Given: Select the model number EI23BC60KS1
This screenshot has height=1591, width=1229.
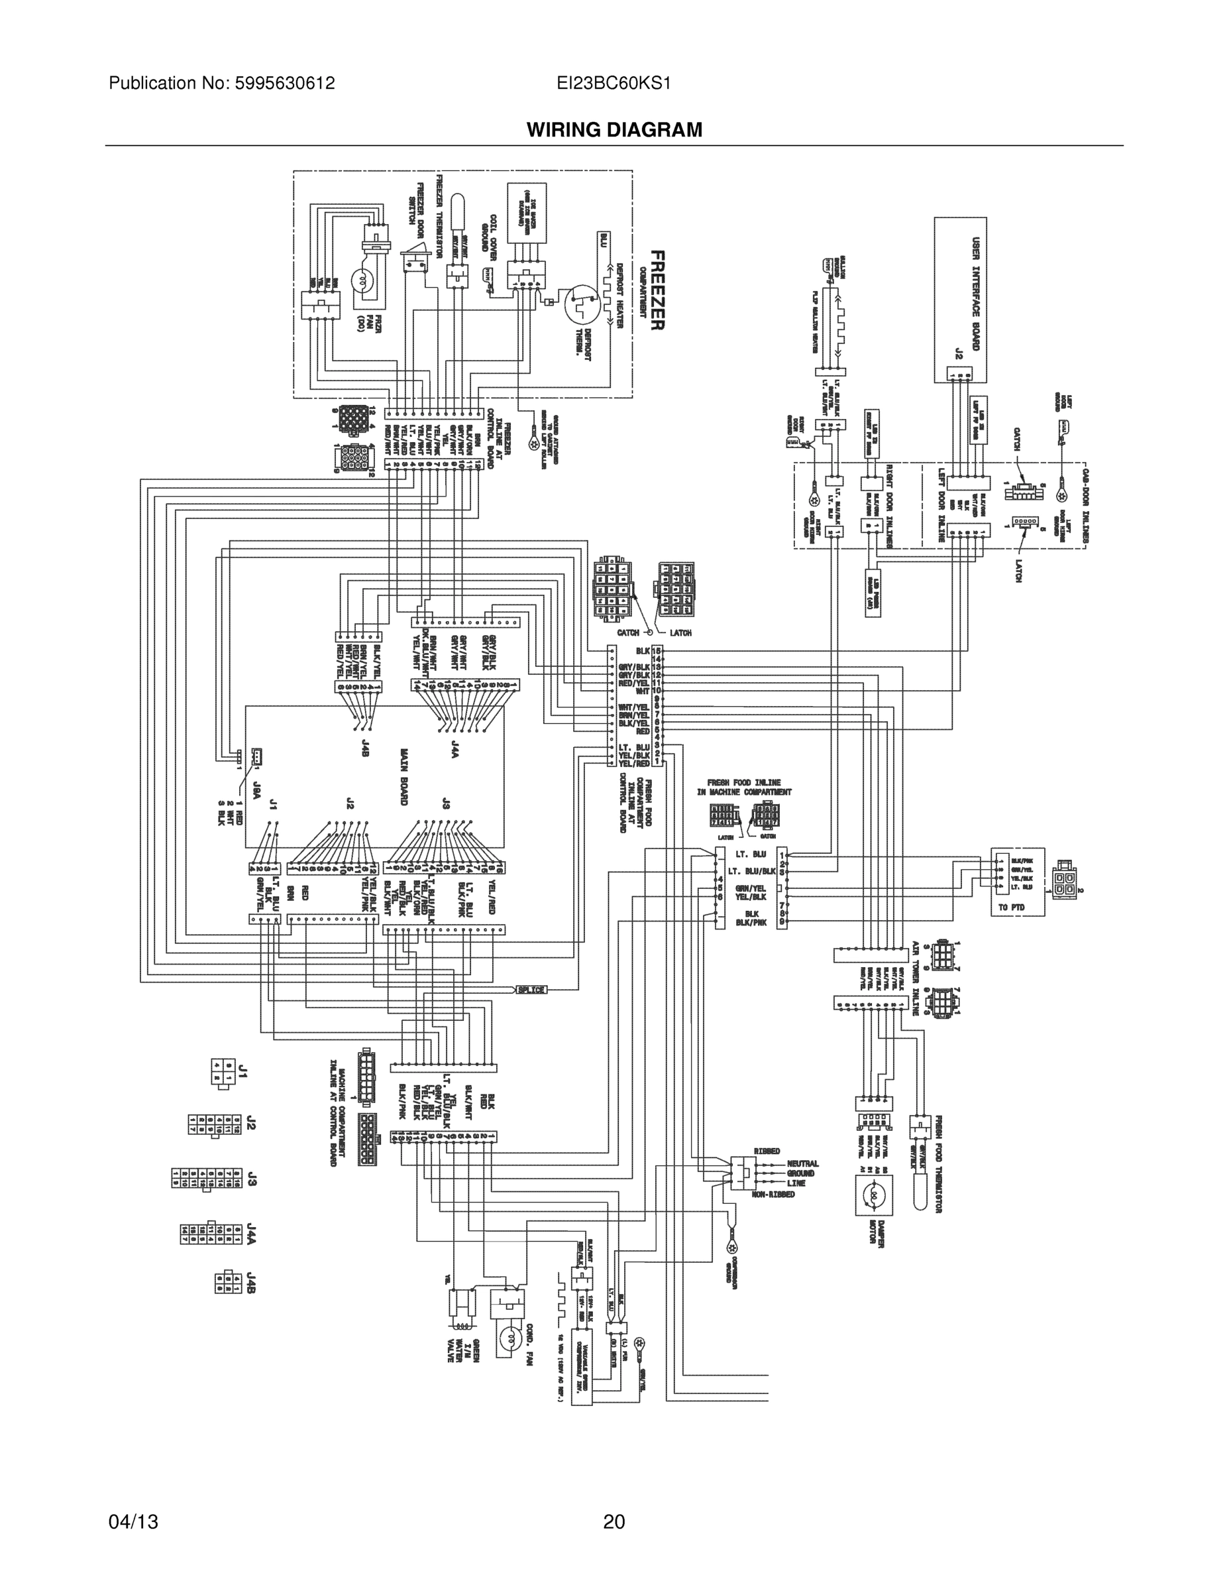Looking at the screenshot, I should tap(613, 84).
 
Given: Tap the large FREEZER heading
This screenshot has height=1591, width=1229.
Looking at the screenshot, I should tap(656, 290).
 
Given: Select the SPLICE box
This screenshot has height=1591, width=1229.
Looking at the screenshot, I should tap(531, 989).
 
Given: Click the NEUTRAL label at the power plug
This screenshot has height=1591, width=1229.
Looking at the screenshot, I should tap(802, 1164).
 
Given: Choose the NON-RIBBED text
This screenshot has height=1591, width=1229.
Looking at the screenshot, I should tap(773, 1195).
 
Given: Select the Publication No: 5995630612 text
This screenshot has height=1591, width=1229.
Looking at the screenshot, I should tap(221, 84).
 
